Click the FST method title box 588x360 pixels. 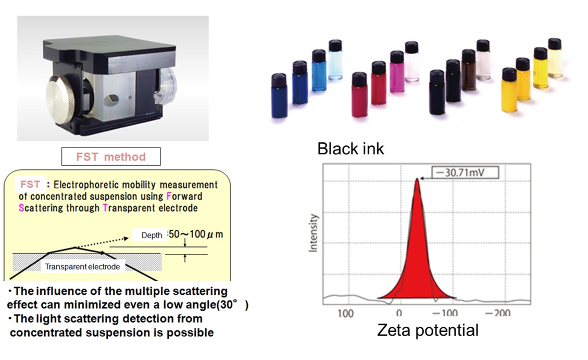(111, 156)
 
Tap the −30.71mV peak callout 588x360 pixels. (465, 172)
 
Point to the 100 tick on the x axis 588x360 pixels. (345, 313)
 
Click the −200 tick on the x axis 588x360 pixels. (497, 313)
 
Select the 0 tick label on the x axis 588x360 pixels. (399, 313)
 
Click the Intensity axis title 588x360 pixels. (313, 233)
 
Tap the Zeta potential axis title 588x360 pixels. (428, 330)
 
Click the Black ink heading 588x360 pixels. (351, 148)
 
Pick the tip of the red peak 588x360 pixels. (417, 179)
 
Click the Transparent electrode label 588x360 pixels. (82, 267)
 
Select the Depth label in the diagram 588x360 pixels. (152, 235)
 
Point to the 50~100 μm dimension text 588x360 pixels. (196, 234)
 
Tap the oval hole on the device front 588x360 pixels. (112, 100)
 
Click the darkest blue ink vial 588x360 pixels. (279, 96)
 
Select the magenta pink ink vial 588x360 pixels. (397, 71)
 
